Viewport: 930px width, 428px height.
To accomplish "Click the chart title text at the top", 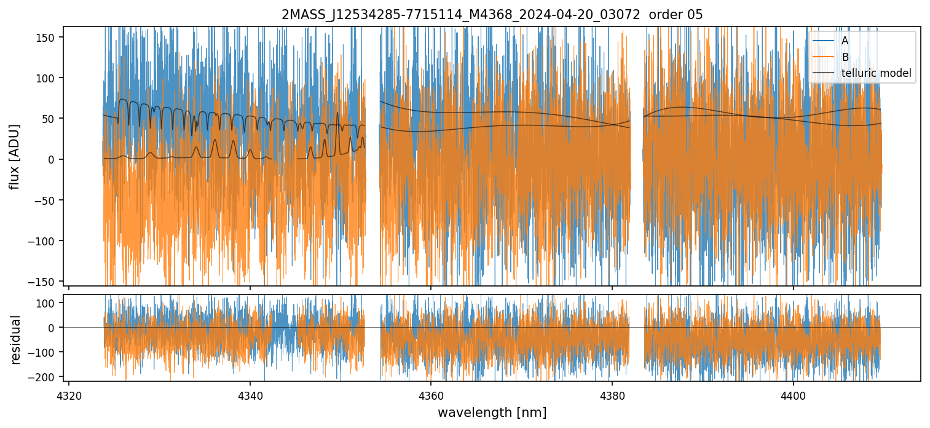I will click(492, 15).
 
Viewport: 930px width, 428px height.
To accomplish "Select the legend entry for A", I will click(845, 41).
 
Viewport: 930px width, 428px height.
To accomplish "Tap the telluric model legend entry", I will click(876, 74).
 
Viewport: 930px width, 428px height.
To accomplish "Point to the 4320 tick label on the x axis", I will click(69, 395).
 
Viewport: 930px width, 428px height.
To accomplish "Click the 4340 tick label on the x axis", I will click(250, 395).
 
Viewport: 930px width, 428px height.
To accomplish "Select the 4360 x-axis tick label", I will click(430, 395).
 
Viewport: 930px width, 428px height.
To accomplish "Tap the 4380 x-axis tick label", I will click(612, 395).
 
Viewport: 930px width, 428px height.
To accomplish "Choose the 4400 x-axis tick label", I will click(793, 395).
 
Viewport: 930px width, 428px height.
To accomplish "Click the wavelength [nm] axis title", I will click(492, 412).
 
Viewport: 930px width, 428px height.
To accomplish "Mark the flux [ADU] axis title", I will click(14, 156).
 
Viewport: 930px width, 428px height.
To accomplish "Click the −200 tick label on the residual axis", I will click(44, 376).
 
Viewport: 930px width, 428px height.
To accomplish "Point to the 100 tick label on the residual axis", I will click(47, 303).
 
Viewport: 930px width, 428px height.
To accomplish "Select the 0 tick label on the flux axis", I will click(52, 159).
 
